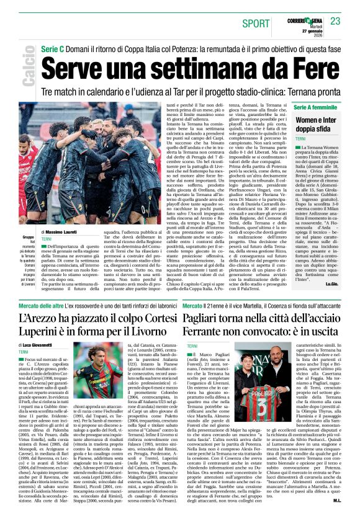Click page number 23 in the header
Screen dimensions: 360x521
(336, 20)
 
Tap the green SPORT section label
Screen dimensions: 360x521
(258, 24)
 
